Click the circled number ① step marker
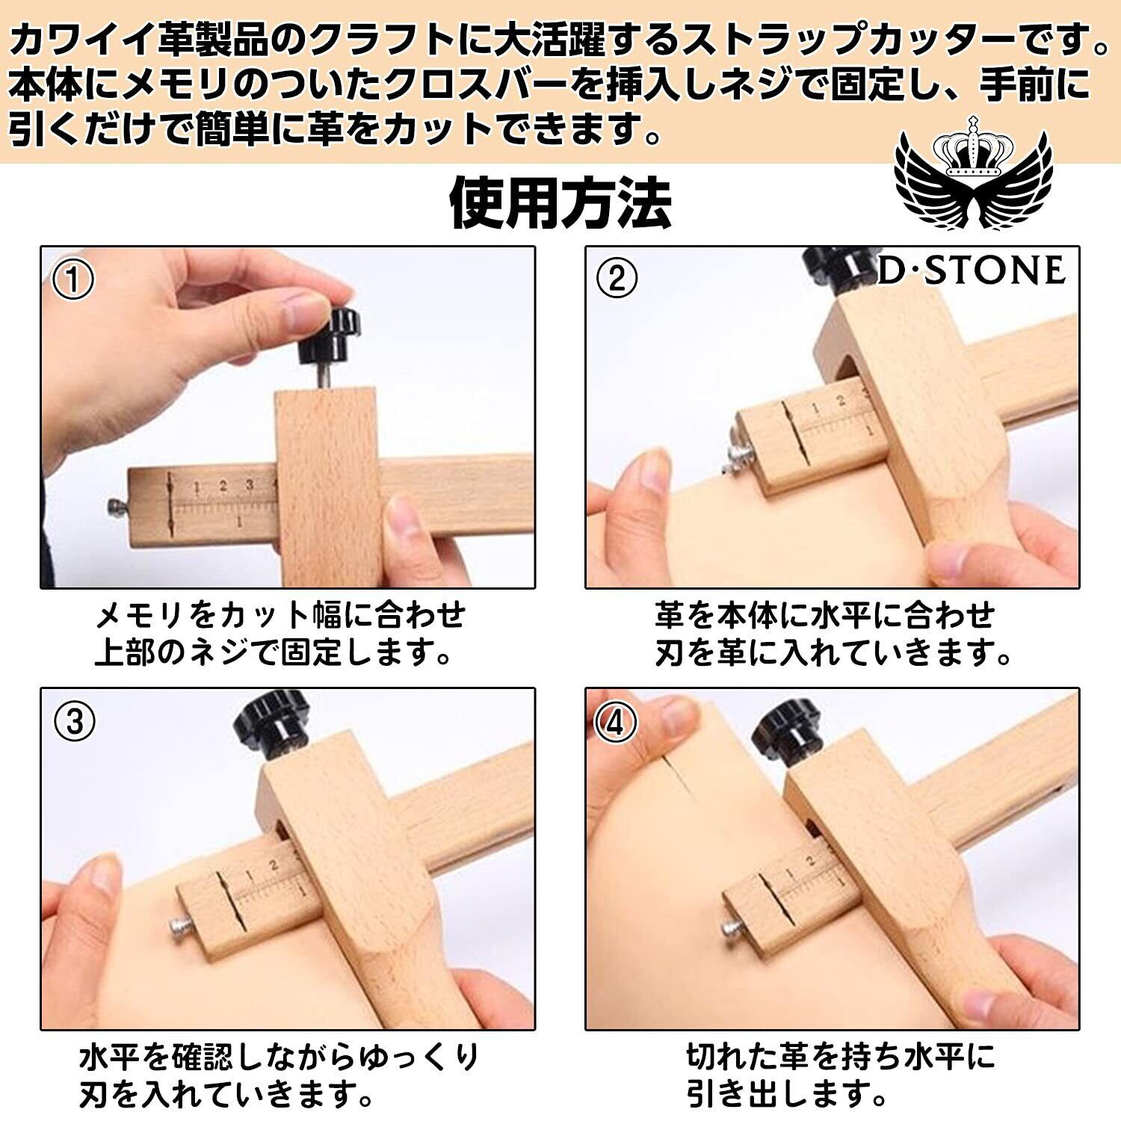[74, 280]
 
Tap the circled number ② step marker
[617, 280]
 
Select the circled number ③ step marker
[74, 722]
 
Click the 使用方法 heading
[560, 202]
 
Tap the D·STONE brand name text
[970, 270]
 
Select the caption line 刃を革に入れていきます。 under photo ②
[833, 654]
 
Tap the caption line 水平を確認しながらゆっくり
[279, 1058]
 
